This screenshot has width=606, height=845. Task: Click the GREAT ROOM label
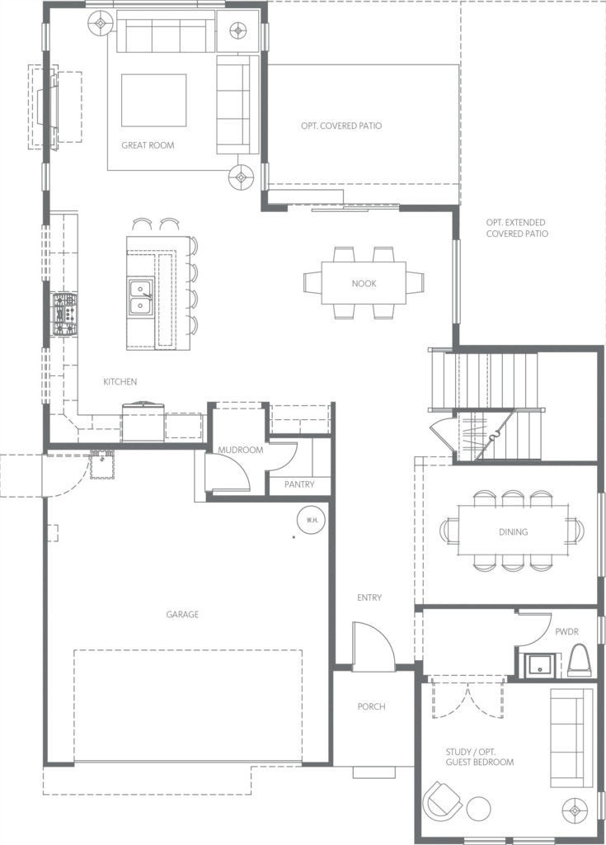[x=148, y=145]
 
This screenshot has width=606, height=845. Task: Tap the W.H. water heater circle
[x=312, y=520]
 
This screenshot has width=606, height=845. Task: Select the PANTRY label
[x=299, y=484]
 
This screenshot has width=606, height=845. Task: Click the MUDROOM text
[x=240, y=450]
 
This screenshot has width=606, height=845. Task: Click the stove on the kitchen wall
[x=64, y=314]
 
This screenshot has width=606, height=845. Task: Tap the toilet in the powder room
[x=580, y=660]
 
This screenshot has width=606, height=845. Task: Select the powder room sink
[x=537, y=665]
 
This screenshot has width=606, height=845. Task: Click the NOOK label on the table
[x=364, y=284]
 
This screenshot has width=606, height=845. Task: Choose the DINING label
[x=513, y=532]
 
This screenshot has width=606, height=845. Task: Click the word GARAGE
[x=182, y=614]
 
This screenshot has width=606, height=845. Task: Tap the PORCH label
[x=371, y=706]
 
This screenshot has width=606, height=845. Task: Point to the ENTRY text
[x=369, y=597]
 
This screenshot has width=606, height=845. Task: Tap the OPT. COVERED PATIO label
[x=341, y=125]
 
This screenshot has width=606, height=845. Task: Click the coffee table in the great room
[x=153, y=100]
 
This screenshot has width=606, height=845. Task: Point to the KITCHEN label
[x=120, y=381]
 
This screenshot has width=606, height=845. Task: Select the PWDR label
[x=566, y=631]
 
